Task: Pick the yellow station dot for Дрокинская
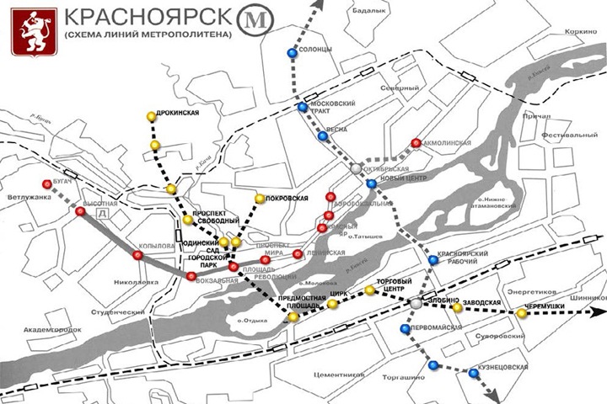click(150, 116)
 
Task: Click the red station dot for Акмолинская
click(416, 143)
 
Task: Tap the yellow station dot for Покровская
click(260, 199)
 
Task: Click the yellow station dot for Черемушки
click(522, 315)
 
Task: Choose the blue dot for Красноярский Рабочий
click(432, 260)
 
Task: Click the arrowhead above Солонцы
click(320, 5)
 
